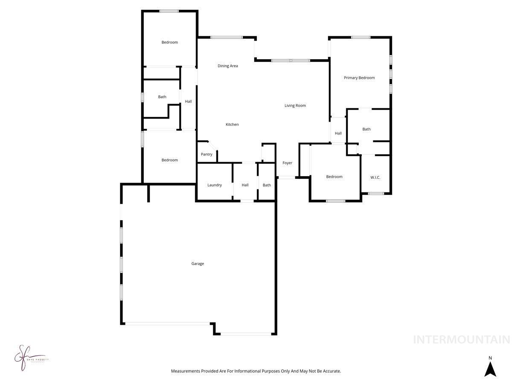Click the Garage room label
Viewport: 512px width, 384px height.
[198, 264]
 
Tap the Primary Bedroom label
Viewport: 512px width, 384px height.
[359, 78]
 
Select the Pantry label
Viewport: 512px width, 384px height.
[207, 154]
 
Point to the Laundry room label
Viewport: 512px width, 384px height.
[215, 185]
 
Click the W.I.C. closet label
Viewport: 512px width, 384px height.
[375, 177]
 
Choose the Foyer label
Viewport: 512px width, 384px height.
[287, 163]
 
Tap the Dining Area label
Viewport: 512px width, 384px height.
[228, 66]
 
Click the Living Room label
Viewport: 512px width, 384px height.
[295, 105]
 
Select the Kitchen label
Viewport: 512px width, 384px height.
[232, 125]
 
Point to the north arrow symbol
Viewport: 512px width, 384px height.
[490, 369]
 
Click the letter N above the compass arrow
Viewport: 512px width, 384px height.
[490, 358]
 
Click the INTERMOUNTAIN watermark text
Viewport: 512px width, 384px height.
[461, 340]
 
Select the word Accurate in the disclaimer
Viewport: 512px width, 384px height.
[331, 371]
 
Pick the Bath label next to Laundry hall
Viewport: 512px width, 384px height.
[267, 185]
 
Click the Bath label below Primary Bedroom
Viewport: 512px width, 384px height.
[367, 129]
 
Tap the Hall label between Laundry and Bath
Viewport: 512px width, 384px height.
[245, 185]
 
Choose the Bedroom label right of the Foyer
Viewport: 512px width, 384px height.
[334, 177]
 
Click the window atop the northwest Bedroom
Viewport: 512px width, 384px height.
[169, 12]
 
